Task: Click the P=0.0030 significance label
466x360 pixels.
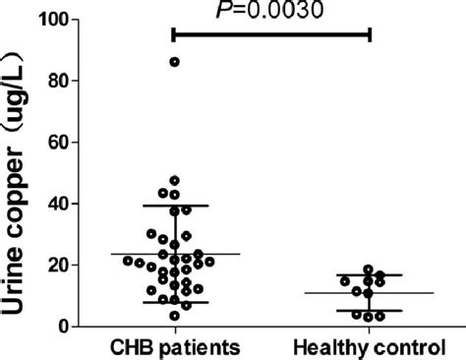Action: click(x=271, y=10)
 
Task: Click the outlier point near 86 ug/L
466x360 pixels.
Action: click(x=175, y=62)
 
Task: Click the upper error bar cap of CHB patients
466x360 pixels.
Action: click(x=175, y=206)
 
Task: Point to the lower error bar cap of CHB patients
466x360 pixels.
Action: click(x=175, y=302)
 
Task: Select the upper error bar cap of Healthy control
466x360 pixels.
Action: click(x=370, y=275)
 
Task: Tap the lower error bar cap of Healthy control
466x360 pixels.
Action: click(x=370, y=311)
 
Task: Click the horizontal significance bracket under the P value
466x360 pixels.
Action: click(x=271, y=33)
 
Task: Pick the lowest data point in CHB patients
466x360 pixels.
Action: click(x=175, y=316)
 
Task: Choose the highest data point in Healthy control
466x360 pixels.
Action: click(x=369, y=270)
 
